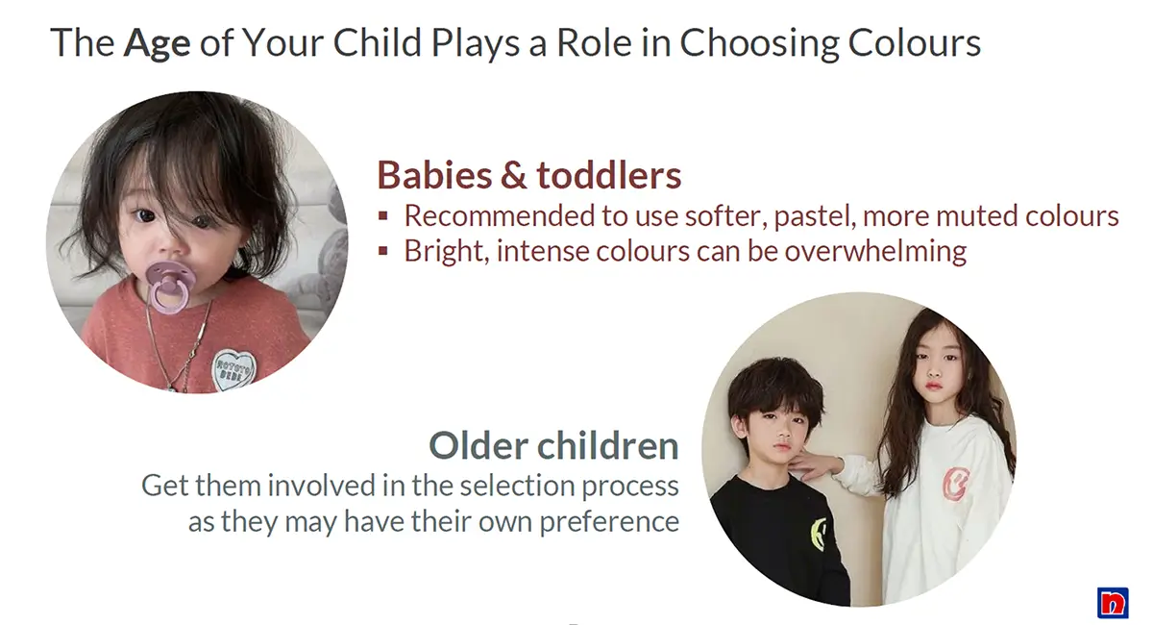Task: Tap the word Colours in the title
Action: click(914, 42)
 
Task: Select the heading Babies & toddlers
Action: click(529, 175)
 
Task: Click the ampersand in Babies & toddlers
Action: click(513, 175)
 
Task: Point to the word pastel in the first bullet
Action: click(816, 216)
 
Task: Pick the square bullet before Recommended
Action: click(382, 216)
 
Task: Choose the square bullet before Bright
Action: click(382, 251)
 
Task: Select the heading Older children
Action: click(553, 446)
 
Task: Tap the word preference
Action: click(609, 522)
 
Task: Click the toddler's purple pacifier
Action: click(169, 287)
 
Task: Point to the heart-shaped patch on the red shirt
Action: click(233, 369)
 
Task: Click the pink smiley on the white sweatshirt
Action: click(956, 484)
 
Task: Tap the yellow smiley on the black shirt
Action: click(819, 534)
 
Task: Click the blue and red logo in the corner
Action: click(1113, 603)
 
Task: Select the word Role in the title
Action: click(594, 42)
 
